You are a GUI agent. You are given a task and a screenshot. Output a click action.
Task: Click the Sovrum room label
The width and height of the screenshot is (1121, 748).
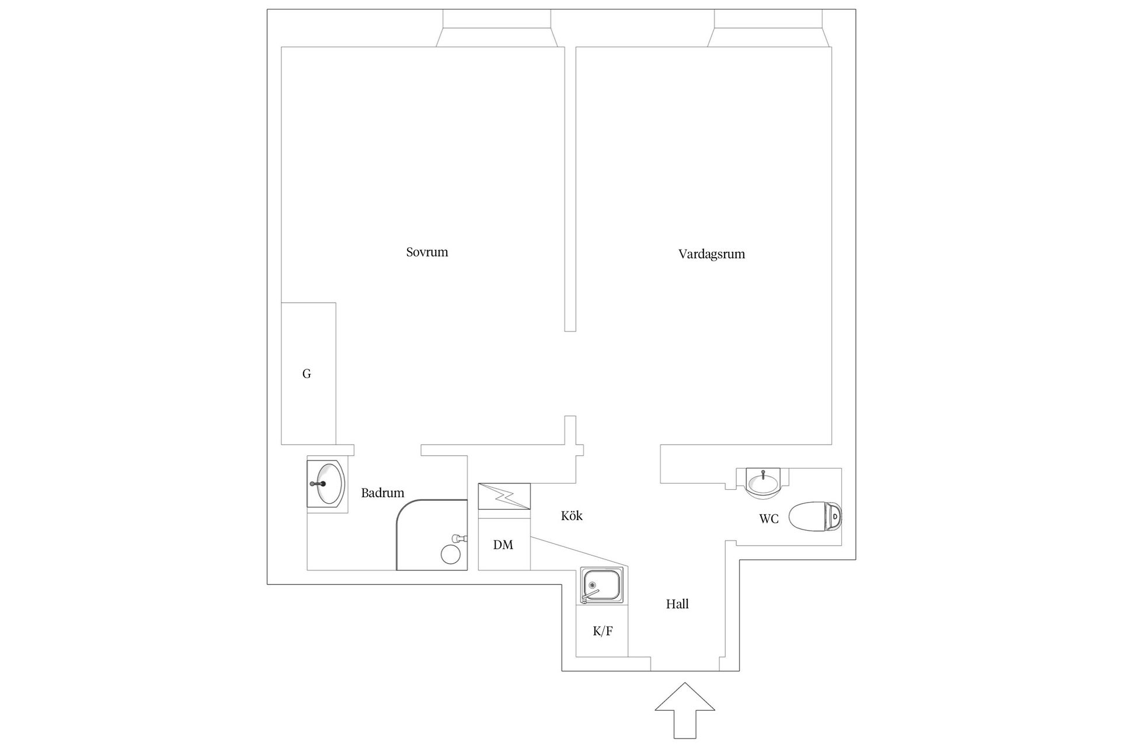[x=427, y=252]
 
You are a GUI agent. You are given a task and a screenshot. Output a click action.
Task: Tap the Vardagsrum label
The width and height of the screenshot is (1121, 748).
[x=711, y=254]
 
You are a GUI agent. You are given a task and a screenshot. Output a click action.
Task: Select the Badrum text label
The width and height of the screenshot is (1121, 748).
[x=382, y=493]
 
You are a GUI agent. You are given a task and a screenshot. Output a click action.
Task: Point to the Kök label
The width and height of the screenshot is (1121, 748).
[x=572, y=516]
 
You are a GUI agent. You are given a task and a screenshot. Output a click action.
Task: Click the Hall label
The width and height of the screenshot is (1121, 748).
[x=677, y=604]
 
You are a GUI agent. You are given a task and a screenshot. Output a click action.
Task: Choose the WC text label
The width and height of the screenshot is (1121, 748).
[x=768, y=519]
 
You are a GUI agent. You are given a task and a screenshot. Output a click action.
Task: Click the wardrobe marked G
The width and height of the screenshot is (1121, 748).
[x=308, y=373]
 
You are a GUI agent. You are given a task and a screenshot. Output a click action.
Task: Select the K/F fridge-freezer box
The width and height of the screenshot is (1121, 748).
[x=602, y=631]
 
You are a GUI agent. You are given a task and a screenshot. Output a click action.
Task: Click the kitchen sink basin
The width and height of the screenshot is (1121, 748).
[x=601, y=584]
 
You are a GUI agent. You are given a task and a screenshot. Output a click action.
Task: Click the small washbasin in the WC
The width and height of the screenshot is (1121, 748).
[x=763, y=483]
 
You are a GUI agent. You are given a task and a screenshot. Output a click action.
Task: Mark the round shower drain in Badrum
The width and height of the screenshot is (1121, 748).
[x=450, y=554]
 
